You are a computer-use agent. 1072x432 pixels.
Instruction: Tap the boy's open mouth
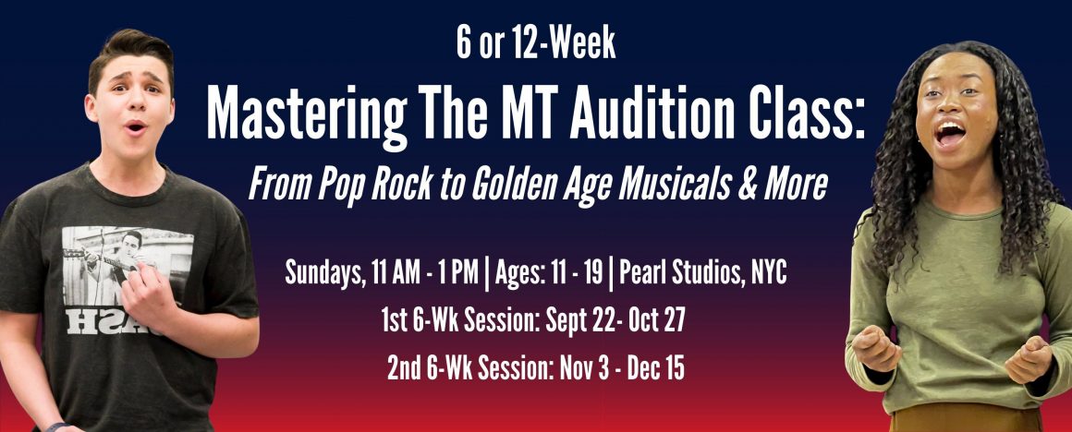[x=136, y=127]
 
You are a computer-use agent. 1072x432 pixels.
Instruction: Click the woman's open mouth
[x=950, y=133]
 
